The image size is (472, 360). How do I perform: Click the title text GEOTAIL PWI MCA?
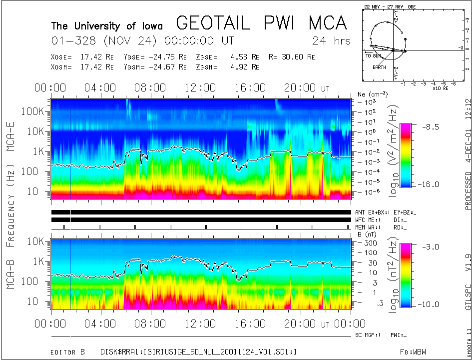pyautogui.click(x=261, y=23)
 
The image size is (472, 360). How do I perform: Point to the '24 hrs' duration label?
pyautogui.click(x=331, y=40)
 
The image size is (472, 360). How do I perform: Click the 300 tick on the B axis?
pyautogui.click(x=364, y=242)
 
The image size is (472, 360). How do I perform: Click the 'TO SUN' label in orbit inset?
pyautogui.click(x=374, y=56)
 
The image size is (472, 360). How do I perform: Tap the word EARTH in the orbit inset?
pyautogui.click(x=379, y=67)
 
